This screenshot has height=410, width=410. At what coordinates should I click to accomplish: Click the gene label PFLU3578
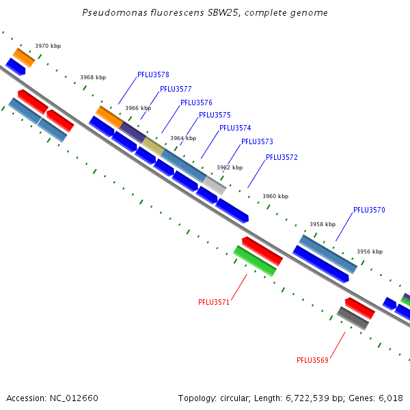pos(153,75)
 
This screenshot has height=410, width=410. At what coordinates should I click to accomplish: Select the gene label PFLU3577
pos(176,90)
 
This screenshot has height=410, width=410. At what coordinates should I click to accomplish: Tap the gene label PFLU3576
pos(196,103)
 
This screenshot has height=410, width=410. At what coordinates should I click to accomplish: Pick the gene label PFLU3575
pos(215,115)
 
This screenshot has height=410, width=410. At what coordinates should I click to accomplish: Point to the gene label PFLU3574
pos(235,128)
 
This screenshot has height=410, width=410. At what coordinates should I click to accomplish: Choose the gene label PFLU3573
pos(257,142)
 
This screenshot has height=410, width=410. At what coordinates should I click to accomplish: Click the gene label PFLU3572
pos(282,158)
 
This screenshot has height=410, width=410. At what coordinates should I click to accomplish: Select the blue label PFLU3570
pos(369,210)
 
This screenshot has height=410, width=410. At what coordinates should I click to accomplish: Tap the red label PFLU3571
pos(214,302)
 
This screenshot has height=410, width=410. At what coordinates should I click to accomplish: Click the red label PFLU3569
pos(312,360)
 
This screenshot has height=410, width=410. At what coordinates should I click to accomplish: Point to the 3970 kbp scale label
pos(48,46)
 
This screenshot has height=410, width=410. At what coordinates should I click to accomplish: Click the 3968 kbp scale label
pos(93,78)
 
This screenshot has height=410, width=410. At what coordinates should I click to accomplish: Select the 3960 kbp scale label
pos(275,197)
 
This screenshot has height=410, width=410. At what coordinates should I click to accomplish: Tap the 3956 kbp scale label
pos(370,252)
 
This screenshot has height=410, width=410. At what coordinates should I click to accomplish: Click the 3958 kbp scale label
pos(323,224)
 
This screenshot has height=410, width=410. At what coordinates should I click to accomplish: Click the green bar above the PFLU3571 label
pos(255,261)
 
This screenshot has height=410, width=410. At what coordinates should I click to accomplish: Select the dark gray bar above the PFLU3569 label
pos(353,318)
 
